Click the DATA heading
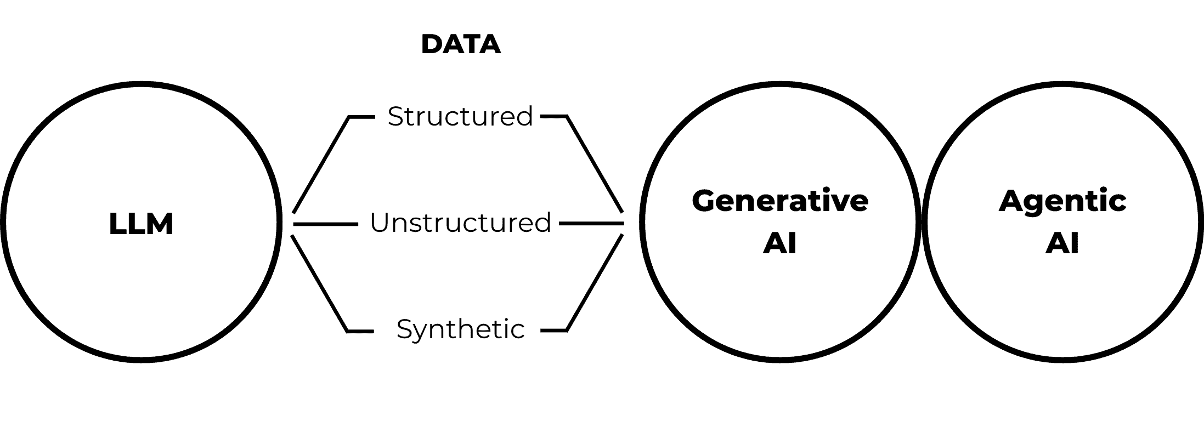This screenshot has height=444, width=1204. click(x=461, y=44)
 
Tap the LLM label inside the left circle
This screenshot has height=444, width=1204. click(x=141, y=224)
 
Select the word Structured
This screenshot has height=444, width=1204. click(x=460, y=116)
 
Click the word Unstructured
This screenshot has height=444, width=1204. click(x=460, y=223)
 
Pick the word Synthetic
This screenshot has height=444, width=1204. click(x=460, y=329)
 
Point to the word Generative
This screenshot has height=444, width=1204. click(x=779, y=201)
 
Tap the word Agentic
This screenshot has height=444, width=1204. click(x=1062, y=201)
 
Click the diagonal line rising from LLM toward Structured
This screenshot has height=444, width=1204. click(x=321, y=164)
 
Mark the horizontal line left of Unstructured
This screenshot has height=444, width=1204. click(x=325, y=224)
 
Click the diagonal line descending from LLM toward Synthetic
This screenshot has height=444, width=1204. click(x=319, y=283)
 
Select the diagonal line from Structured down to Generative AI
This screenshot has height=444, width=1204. click(x=595, y=164)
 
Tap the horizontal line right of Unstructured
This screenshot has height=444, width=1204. click(x=591, y=224)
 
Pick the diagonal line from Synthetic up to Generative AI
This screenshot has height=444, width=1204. click(x=595, y=283)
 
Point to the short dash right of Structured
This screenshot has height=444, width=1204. click(x=553, y=116)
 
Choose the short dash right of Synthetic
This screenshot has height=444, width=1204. click(x=553, y=331)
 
